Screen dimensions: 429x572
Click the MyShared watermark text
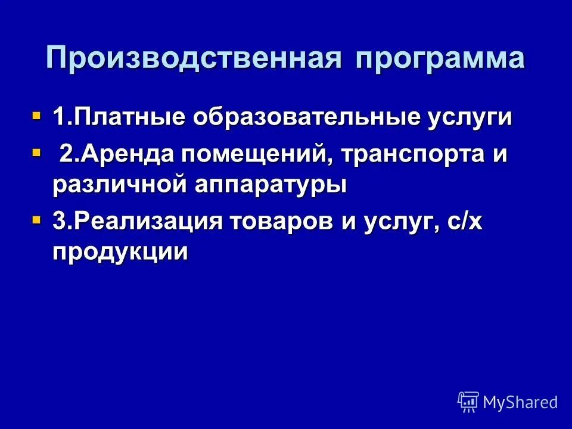520,402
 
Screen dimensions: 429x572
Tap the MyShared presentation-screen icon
468,402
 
